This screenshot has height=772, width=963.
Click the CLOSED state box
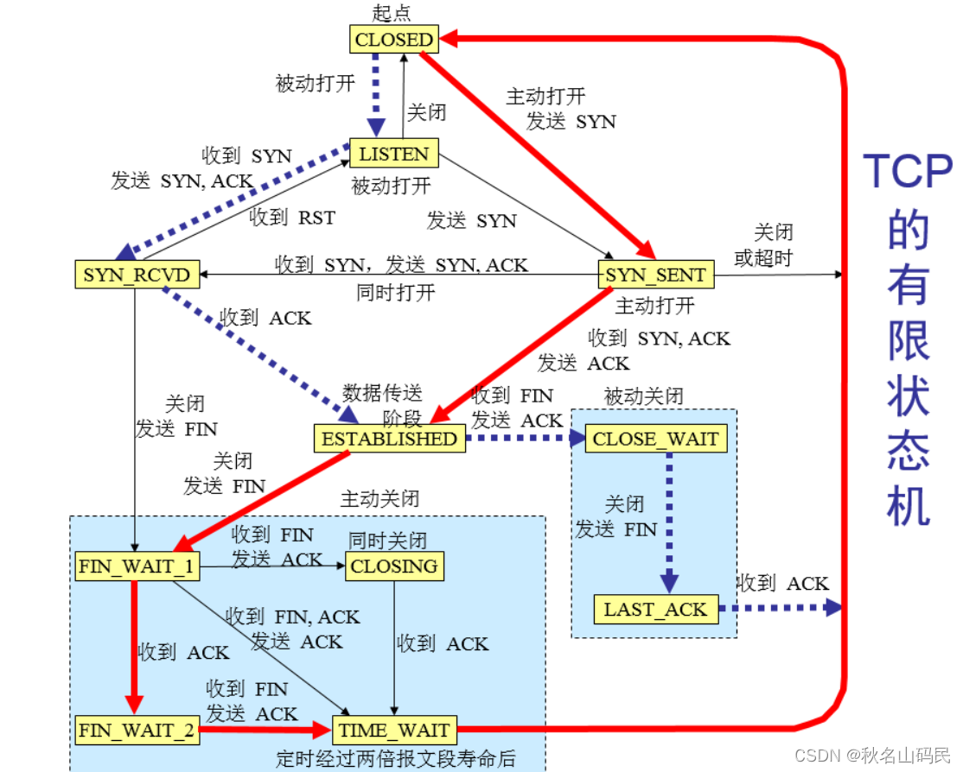(x=393, y=39)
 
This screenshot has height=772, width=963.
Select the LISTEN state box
(x=393, y=154)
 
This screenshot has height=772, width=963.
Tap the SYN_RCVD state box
(x=135, y=275)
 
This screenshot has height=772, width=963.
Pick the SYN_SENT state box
(x=656, y=275)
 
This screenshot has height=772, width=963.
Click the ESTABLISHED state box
(x=389, y=438)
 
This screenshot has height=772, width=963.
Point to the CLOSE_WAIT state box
(x=655, y=438)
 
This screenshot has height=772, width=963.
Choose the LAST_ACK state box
(x=655, y=609)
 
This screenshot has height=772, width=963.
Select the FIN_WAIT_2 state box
(x=137, y=730)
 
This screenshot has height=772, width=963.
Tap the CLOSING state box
(x=394, y=566)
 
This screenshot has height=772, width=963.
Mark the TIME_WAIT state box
(x=394, y=730)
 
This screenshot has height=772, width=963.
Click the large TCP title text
(x=908, y=171)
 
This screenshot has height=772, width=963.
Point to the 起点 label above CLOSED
(x=392, y=12)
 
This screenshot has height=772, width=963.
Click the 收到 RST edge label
(x=291, y=218)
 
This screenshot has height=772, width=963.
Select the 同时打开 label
(x=396, y=293)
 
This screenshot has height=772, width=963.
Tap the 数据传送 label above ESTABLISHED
(x=382, y=394)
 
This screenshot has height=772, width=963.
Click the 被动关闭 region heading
(x=644, y=396)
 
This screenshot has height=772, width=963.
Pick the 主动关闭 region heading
(x=380, y=498)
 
